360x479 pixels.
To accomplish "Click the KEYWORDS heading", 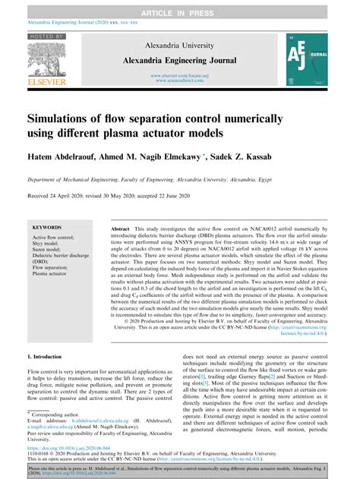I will [48, 227].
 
